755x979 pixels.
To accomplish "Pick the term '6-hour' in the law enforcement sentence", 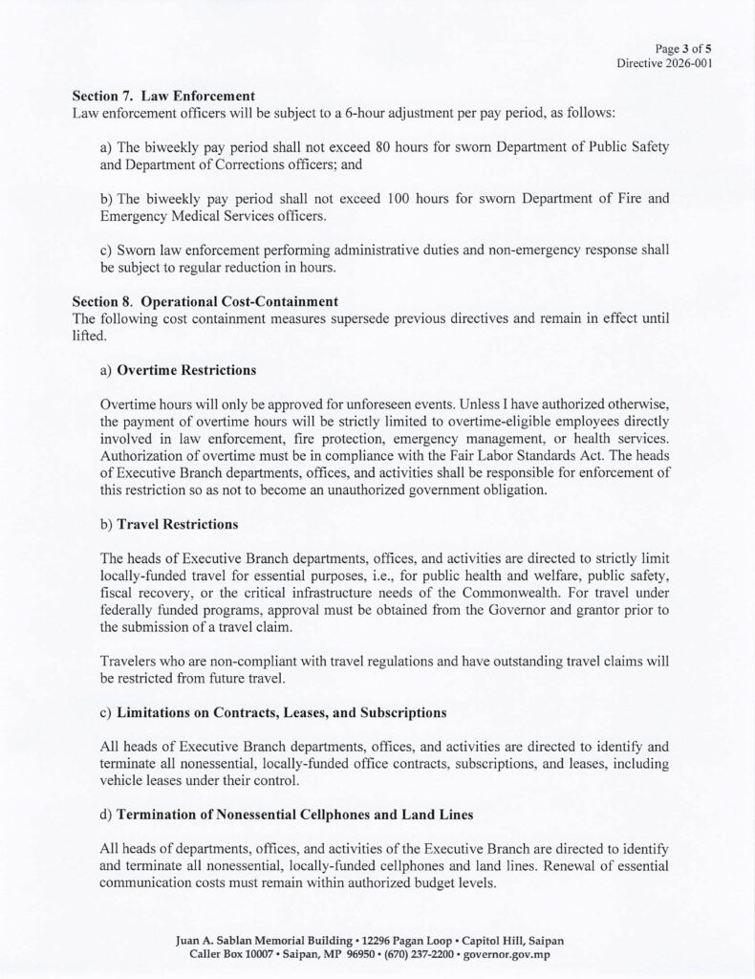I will click(x=388, y=113).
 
